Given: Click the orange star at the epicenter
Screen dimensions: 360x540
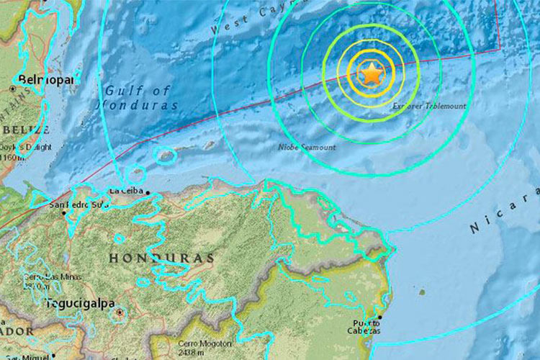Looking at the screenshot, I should (x=372, y=73).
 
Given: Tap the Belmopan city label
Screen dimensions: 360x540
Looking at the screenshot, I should (x=48, y=79).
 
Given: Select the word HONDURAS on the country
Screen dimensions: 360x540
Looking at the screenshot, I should (x=161, y=258).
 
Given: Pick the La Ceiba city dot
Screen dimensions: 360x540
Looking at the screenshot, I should (x=148, y=192).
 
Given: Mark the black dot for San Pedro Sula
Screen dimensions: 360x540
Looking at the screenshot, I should (x=64, y=212).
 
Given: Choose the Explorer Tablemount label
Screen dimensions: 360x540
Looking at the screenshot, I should (x=429, y=106).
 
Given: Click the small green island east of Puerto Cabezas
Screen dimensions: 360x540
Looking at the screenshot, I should (x=422, y=292).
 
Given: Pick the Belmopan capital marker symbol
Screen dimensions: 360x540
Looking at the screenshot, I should (x=12, y=89).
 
